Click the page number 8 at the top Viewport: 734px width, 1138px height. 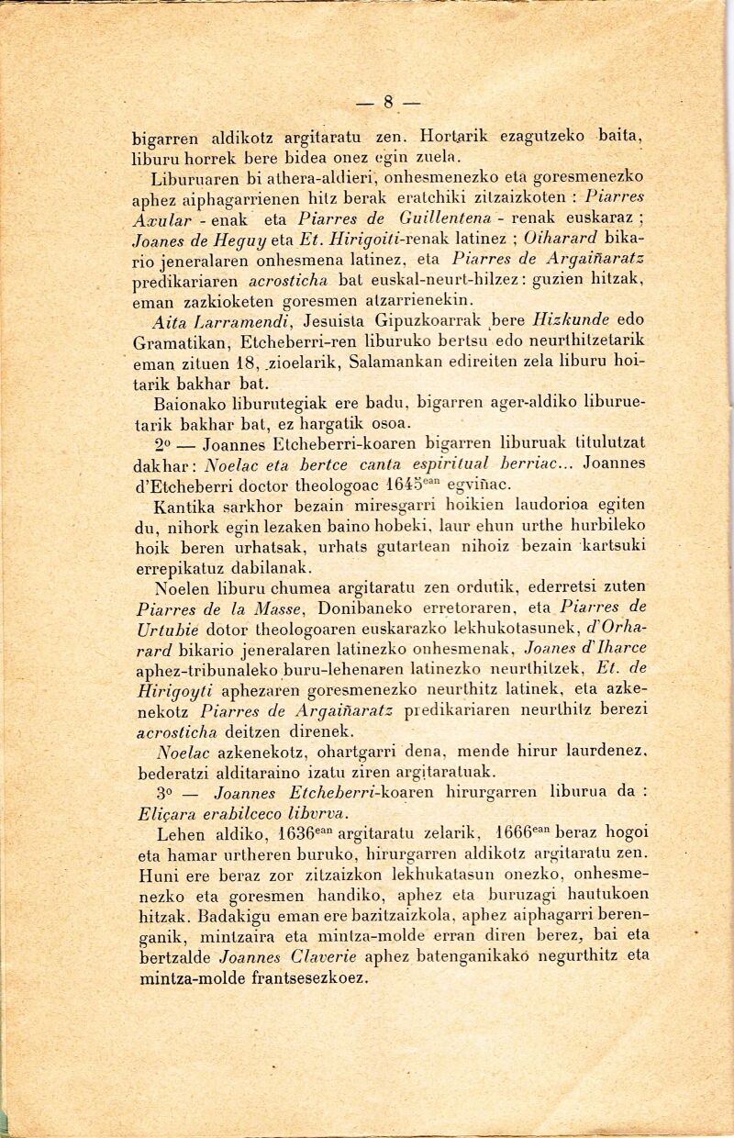pos(389,102)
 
